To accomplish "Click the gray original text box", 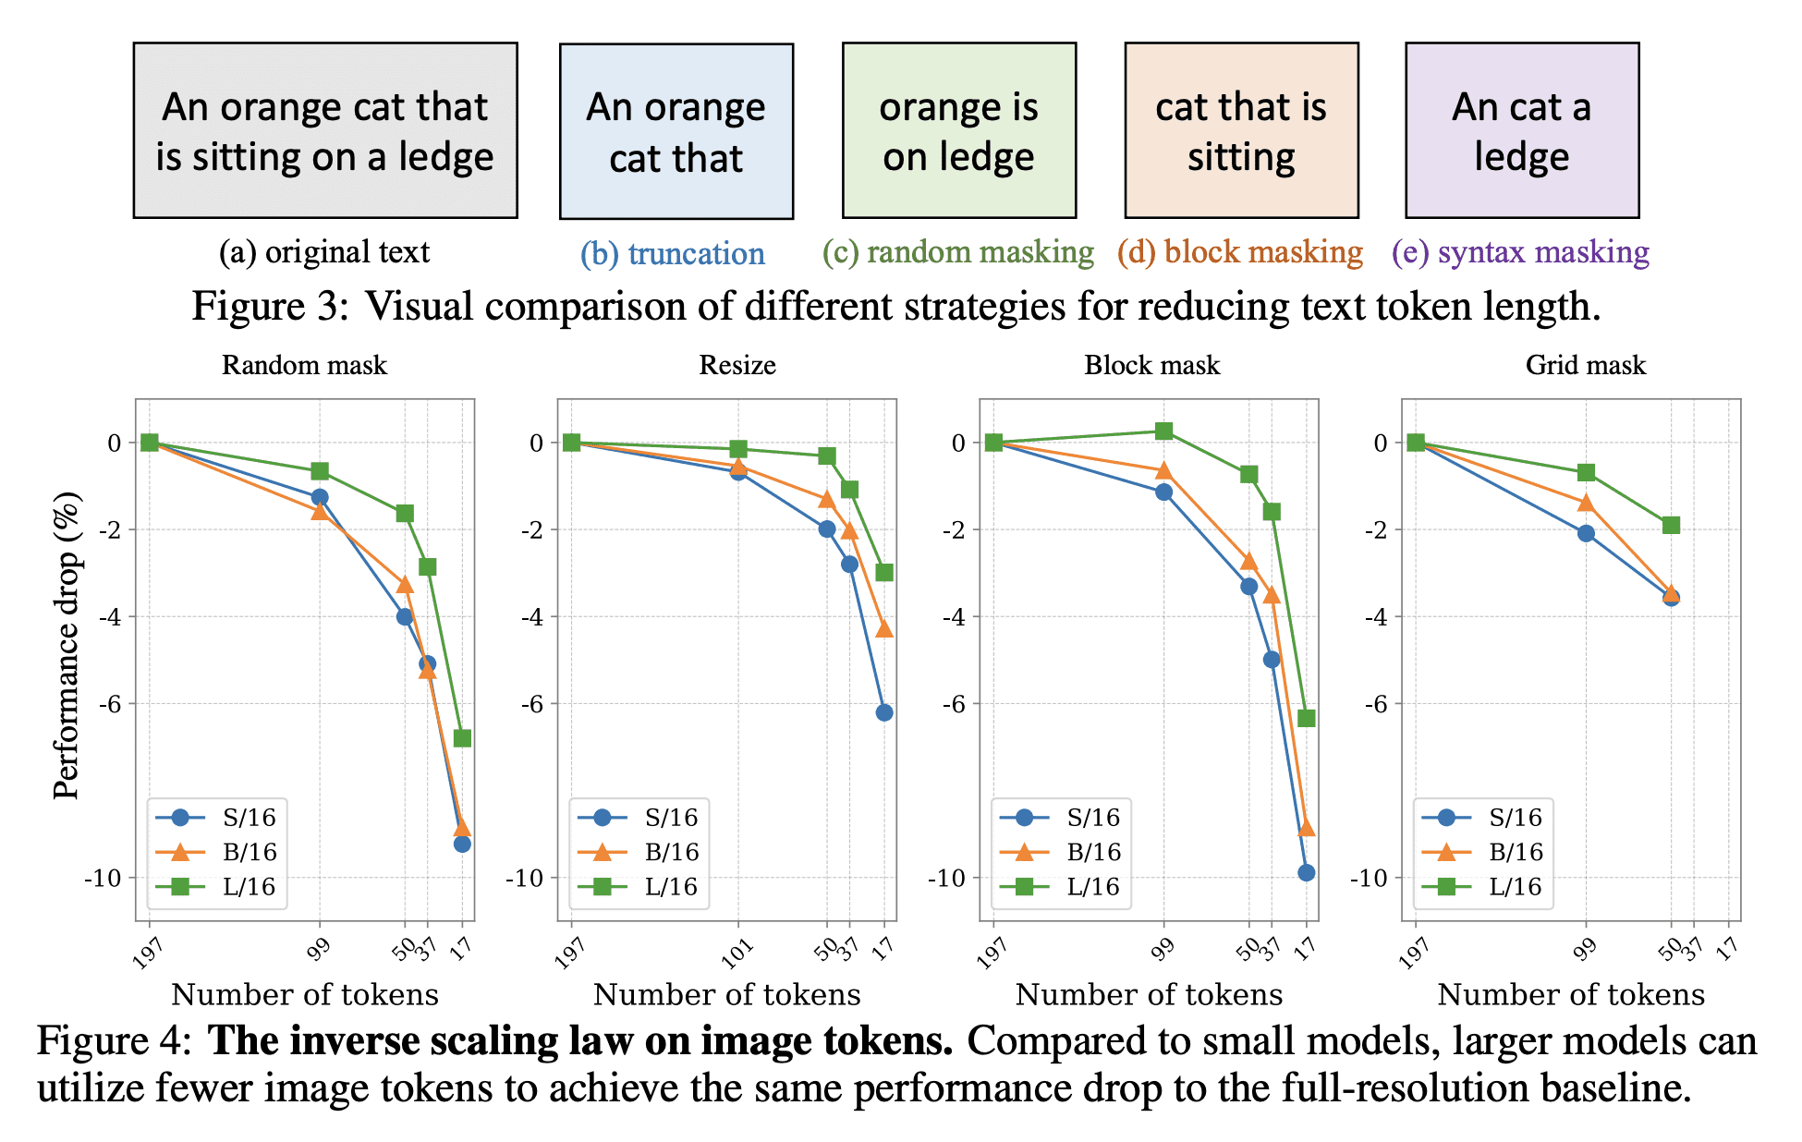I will (x=324, y=130).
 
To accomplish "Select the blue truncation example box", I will (x=676, y=131).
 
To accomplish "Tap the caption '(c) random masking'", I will (x=958, y=252).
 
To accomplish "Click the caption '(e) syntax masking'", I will (x=1520, y=252).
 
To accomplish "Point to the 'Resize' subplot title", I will (x=737, y=365).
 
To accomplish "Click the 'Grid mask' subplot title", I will (x=1585, y=365).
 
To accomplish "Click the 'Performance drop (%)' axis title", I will (x=67, y=645).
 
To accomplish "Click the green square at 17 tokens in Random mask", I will (x=462, y=738).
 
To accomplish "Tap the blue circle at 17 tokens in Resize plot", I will (x=884, y=712).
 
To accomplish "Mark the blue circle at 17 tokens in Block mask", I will (x=1306, y=873).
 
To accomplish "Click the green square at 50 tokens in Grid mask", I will (x=1671, y=526).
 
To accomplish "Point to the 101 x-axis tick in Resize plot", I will (x=737, y=952).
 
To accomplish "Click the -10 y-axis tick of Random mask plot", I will (x=103, y=878).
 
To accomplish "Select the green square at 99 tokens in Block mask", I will (x=1163, y=431).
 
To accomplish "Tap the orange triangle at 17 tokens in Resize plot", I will (x=884, y=629).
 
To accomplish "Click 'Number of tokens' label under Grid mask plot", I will (x=1570, y=994).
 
